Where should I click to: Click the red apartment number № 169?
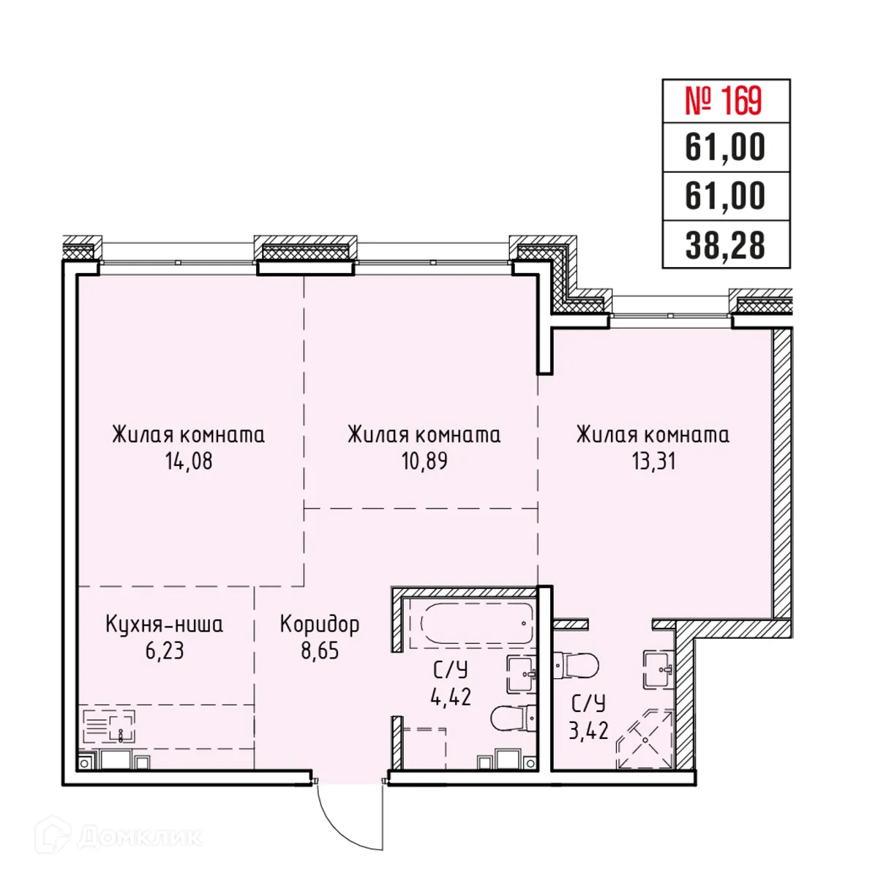click(x=724, y=101)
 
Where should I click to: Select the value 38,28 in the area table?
click(x=725, y=246)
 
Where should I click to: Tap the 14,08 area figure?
click(x=189, y=462)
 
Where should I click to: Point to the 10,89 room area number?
click(x=424, y=462)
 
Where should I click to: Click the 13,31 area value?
click(x=653, y=462)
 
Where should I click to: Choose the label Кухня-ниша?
click(x=165, y=624)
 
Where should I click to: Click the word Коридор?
click(x=320, y=624)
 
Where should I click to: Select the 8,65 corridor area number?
click(x=320, y=650)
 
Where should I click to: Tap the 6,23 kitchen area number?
click(x=165, y=650)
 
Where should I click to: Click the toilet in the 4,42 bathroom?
click(x=512, y=718)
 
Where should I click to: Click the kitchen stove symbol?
click(x=108, y=727)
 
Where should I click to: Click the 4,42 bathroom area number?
click(x=451, y=697)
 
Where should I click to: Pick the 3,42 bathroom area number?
click(x=589, y=730)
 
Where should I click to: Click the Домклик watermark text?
click(x=139, y=836)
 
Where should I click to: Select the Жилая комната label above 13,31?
click(x=653, y=435)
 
